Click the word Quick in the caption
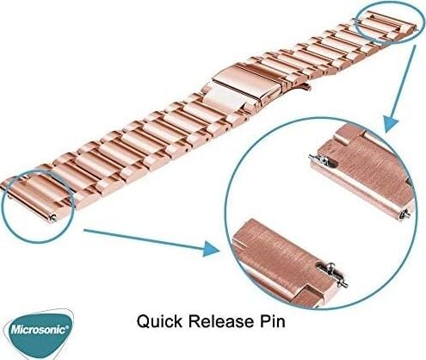coord(159,321)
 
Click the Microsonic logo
coord(39,334)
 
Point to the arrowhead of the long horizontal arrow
coord(212,248)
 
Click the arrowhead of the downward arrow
coord(391,123)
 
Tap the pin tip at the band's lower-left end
coord(52,218)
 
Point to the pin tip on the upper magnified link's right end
coord(405,214)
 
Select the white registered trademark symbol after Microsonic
coord(67,326)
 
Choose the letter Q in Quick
coord(143,321)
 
